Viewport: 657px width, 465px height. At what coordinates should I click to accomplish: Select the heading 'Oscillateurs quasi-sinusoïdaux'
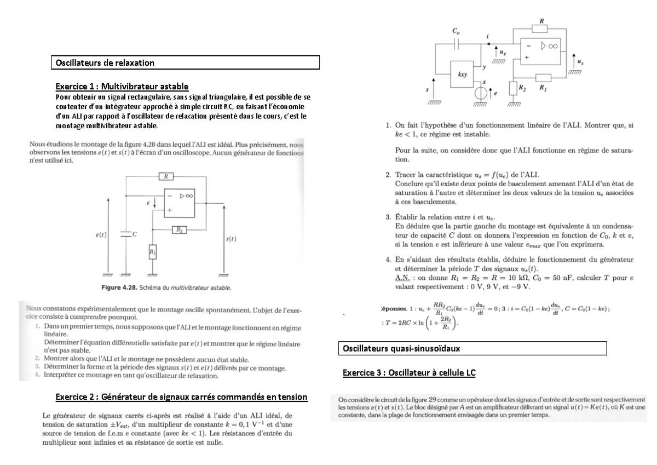point(393,348)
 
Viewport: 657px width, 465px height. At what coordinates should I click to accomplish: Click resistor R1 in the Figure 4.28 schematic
point(153,252)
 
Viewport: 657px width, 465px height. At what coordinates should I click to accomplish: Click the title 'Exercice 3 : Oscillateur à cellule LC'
point(409,373)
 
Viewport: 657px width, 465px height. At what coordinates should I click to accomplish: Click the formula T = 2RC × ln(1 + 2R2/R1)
point(419,324)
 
